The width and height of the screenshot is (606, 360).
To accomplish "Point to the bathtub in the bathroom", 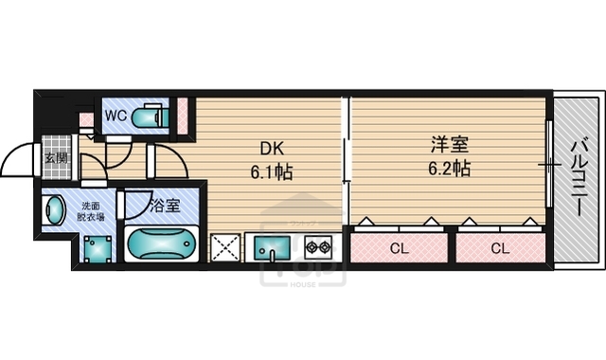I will click(x=159, y=243).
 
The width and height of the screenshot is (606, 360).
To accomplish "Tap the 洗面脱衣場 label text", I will click(x=91, y=211).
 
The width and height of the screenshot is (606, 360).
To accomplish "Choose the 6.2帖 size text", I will click(x=447, y=170).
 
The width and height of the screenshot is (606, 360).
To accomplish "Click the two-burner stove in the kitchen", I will click(x=317, y=247).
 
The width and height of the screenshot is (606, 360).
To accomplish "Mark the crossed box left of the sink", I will click(x=226, y=247).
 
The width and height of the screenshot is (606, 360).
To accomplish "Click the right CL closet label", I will click(x=498, y=249).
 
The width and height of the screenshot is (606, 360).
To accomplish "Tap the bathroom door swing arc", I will click(x=137, y=202).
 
